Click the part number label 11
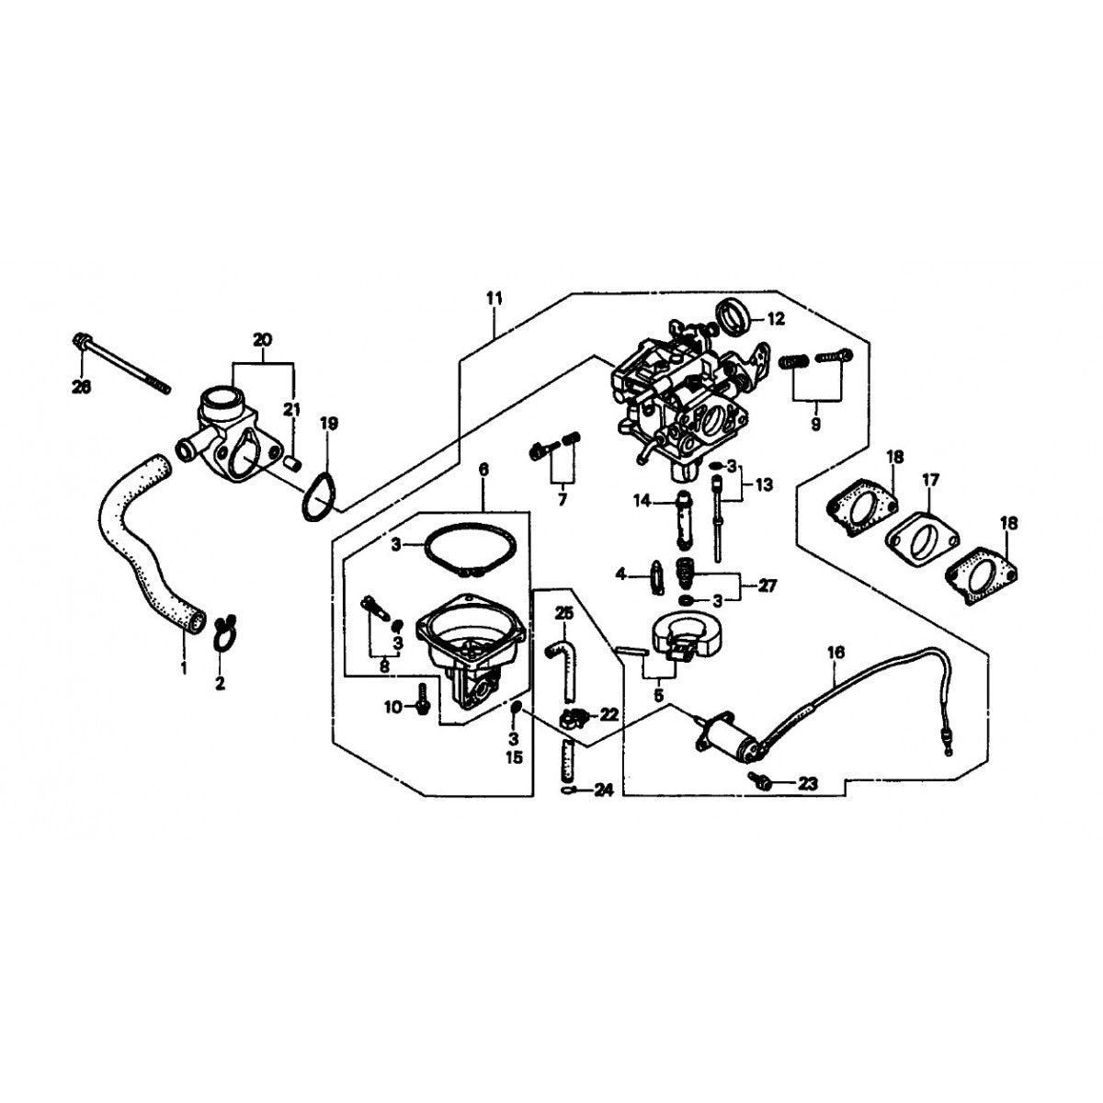[x=495, y=299]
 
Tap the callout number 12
[x=776, y=320]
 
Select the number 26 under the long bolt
[x=82, y=389]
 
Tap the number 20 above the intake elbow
[x=262, y=340]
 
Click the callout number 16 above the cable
[x=835, y=653]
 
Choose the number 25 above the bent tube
[x=563, y=612]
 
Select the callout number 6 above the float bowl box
[x=483, y=470]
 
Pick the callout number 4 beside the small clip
[x=620, y=574]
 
